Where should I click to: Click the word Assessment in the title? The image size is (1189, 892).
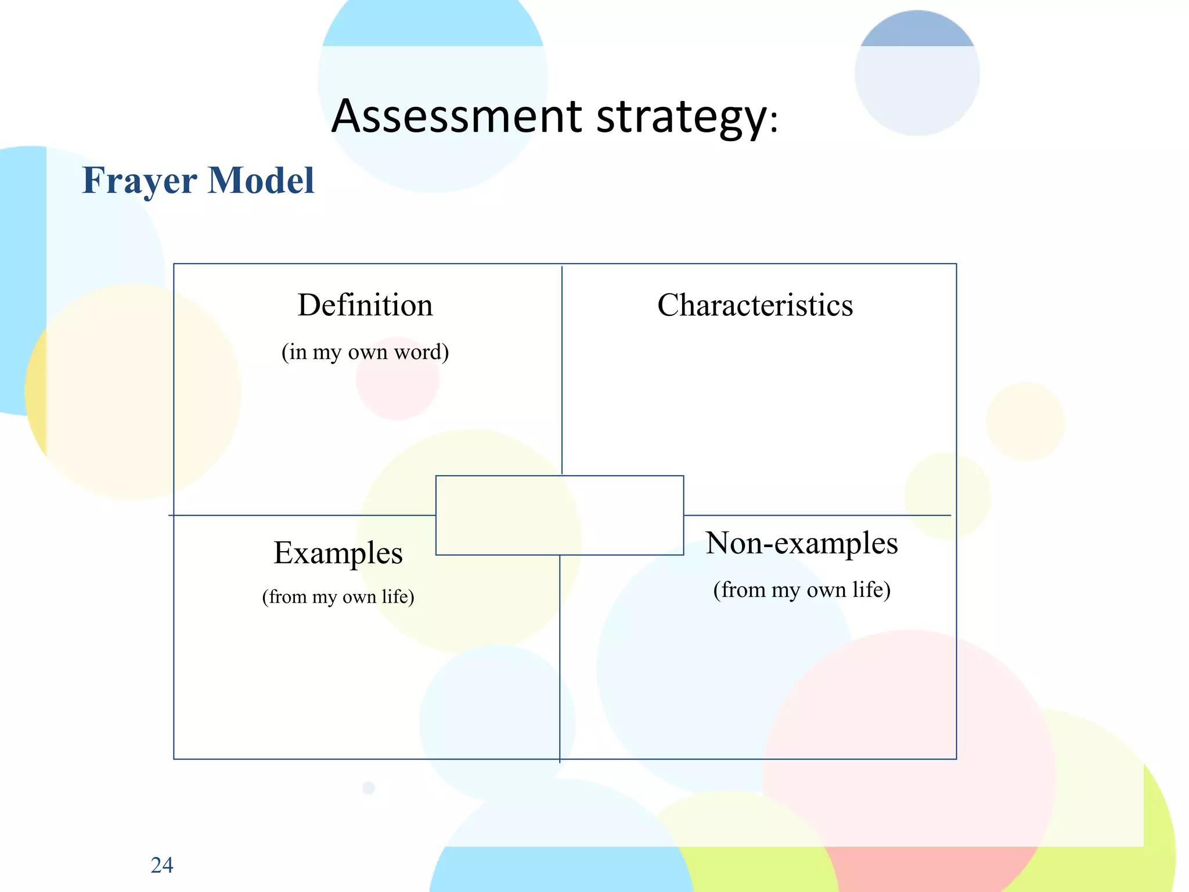(456, 116)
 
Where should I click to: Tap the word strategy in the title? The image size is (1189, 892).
(682, 117)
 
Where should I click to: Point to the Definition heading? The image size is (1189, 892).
(365, 305)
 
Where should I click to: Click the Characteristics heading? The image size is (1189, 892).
(755, 305)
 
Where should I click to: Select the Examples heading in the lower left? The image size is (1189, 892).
(338, 552)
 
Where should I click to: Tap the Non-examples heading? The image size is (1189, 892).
(802, 543)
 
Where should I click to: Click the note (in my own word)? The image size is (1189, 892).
(365, 352)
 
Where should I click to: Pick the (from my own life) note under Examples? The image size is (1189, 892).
(338, 596)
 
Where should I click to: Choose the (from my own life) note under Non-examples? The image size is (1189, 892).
(802, 589)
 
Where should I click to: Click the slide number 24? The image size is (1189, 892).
(161, 865)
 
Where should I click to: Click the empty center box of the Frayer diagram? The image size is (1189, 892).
(559, 515)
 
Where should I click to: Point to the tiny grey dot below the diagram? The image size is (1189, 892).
(369, 788)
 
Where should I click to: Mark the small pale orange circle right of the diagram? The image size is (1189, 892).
(1025, 422)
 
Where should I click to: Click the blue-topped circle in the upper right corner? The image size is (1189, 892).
(917, 73)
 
